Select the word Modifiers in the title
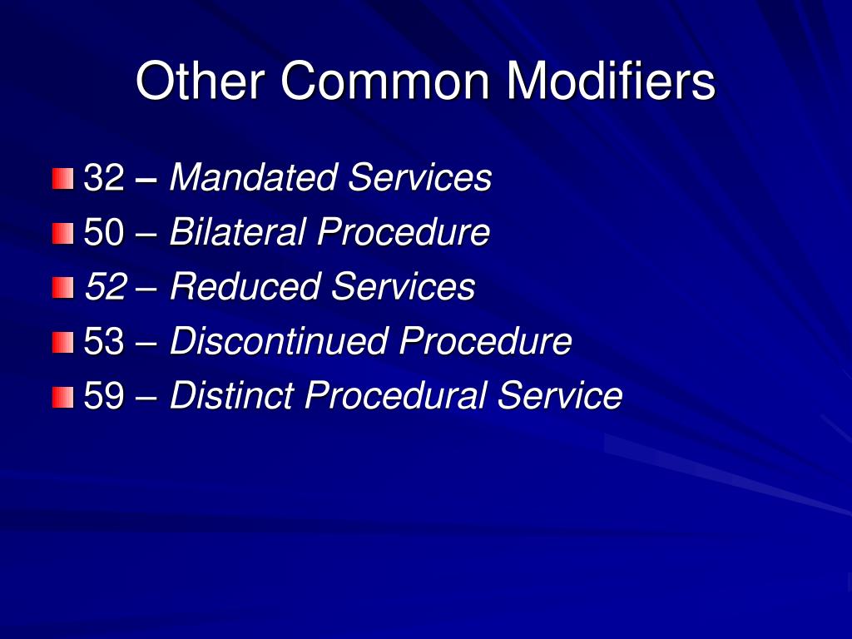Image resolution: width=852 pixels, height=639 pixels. (611, 82)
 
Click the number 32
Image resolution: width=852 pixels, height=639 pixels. (104, 178)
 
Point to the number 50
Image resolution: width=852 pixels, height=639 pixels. (104, 233)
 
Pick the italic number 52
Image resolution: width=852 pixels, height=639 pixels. (105, 288)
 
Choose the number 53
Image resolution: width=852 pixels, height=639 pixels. (104, 342)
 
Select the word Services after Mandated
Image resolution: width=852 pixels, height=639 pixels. (420, 178)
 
